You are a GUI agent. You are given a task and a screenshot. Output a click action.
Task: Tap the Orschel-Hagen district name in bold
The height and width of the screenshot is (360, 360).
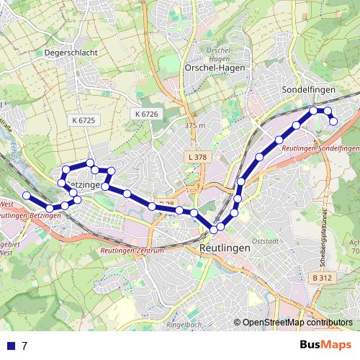pos(215,68)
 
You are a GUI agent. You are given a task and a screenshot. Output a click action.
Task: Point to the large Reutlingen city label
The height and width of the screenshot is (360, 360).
pos(223,247)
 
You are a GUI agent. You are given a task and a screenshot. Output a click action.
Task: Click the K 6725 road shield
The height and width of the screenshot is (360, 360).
pos(84,120)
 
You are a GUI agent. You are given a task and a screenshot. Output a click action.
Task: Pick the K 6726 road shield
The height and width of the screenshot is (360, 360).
pos(145,114)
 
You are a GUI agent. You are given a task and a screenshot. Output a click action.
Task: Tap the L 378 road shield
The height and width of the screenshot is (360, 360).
pos(195,156)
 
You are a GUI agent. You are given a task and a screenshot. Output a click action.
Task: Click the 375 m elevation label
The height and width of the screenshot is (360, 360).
pos(195,126)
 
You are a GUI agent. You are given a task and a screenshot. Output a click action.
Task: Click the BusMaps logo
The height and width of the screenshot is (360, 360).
pos(325,345)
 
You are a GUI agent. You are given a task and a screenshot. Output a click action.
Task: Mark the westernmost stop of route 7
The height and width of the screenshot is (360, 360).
pos(26,195)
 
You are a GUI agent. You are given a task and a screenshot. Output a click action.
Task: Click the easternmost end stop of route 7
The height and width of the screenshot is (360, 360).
pos(333,122)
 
